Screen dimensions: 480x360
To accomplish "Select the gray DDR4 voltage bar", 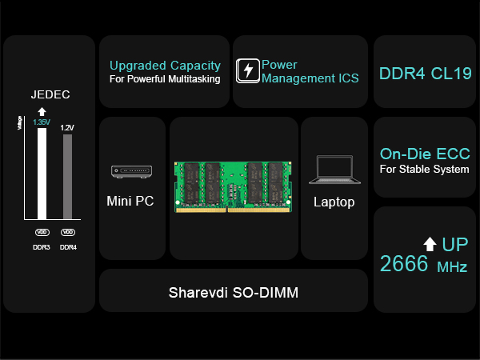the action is (67, 176).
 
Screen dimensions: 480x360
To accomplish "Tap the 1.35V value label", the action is (42, 122).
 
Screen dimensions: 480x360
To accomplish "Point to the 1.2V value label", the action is (67, 127).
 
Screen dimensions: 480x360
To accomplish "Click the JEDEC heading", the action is (50, 94).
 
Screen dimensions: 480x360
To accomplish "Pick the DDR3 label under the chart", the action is (42, 247).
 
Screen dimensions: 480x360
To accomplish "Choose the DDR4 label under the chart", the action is (68, 247).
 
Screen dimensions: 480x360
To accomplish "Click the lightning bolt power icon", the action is (248, 70).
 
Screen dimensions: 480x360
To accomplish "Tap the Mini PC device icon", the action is (130, 171).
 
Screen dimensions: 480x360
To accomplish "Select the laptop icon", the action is (334, 168).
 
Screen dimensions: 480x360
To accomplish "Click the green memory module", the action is (233, 187).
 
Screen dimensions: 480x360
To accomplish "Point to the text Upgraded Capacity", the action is (165, 65).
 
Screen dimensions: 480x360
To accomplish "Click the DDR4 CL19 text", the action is (425, 74).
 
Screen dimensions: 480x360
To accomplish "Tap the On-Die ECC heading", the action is (425, 154).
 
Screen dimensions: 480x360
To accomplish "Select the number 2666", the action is (404, 264).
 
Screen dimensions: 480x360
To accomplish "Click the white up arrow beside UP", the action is (430, 243).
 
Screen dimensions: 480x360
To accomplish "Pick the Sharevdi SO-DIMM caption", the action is (233, 292).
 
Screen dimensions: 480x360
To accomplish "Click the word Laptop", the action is (334, 202).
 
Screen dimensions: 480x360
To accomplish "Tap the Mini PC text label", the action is (130, 202).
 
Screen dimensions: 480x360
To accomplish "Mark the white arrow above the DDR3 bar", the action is (42, 111).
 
